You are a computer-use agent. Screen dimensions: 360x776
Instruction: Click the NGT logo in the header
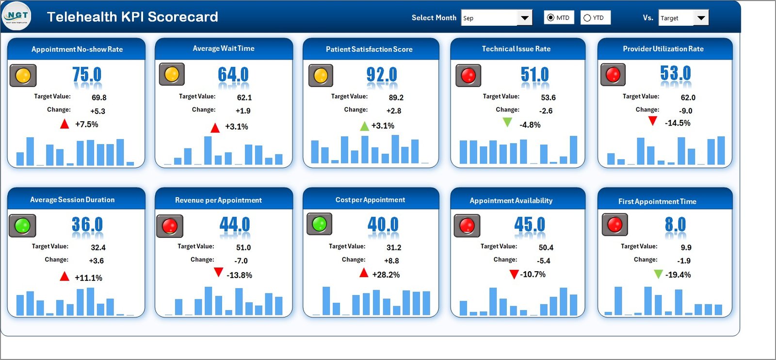click(17, 16)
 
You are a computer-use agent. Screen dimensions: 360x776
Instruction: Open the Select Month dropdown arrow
click(524, 18)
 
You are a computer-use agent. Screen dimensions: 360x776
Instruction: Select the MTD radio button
click(550, 18)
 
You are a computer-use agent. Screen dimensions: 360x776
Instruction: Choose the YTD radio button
click(587, 18)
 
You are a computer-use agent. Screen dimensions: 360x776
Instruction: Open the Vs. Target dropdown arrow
click(701, 18)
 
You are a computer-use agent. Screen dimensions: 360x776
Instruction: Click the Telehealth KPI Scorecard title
click(132, 17)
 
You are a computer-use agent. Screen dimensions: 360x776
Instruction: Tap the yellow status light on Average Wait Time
click(172, 75)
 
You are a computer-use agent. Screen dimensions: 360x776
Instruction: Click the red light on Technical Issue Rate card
click(468, 76)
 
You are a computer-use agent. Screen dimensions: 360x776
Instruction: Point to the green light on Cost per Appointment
click(319, 224)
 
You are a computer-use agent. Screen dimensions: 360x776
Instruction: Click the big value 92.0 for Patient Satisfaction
click(382, 75)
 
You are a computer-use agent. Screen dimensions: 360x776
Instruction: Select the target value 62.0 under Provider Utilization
click(688, 98)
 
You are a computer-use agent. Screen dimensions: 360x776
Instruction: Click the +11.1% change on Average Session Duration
click(88, 278)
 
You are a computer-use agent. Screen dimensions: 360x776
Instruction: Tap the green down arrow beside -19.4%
click(658, 274)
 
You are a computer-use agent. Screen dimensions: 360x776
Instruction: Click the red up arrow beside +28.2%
click(364, 273)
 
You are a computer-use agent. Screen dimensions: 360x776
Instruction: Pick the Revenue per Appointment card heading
click(218, 200)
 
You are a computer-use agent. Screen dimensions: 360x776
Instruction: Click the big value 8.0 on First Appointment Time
click(675, 225)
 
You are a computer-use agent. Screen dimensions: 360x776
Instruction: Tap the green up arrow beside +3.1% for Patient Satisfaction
click(364, 126)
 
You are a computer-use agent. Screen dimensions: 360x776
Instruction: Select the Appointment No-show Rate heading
click(77, 49)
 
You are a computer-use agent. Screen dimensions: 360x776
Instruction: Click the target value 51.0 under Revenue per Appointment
click(243, 247)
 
